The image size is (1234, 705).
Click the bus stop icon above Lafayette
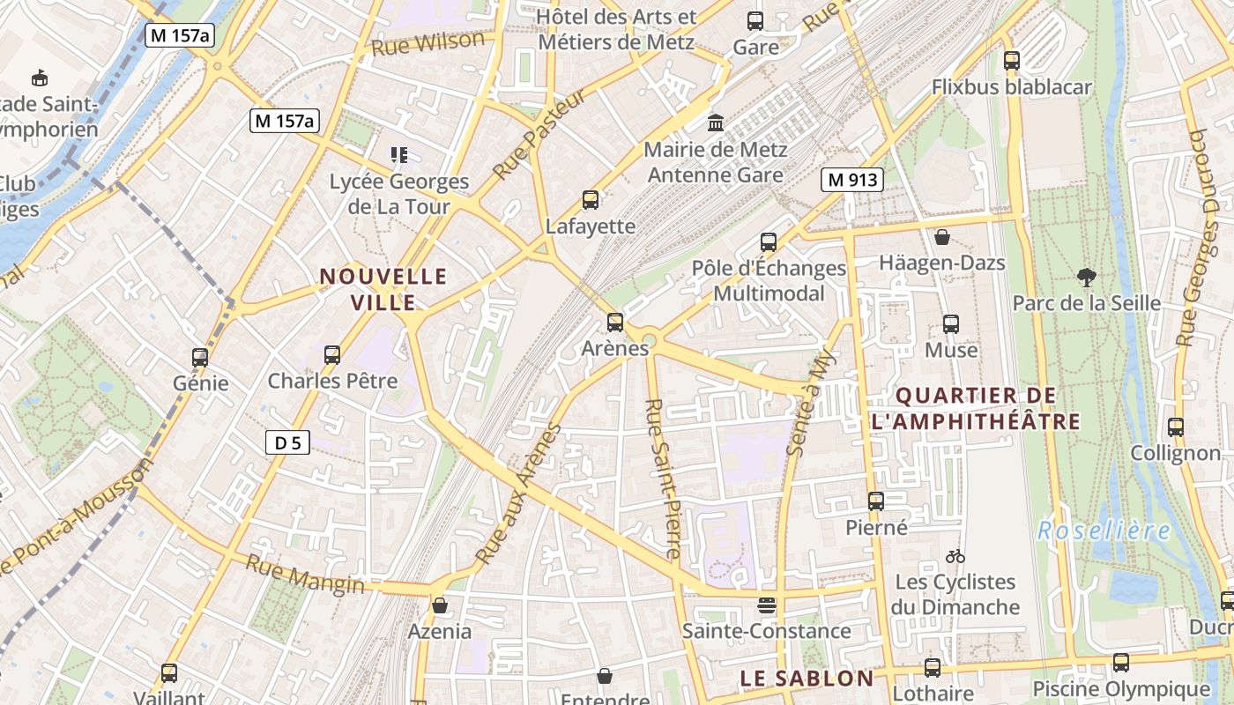591,200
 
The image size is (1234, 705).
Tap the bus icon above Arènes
615,323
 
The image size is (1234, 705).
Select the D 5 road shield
288,442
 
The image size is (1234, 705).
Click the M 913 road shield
852,180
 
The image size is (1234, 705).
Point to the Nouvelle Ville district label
383,289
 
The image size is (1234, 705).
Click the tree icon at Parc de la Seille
1086,278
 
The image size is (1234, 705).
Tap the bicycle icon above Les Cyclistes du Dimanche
955,556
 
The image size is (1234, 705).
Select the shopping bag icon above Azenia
439,605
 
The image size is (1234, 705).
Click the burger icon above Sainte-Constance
767,605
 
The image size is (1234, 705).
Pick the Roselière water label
1104,531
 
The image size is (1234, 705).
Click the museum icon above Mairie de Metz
715,122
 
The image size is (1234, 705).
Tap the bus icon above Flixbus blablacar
1011,61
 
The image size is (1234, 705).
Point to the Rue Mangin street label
304,574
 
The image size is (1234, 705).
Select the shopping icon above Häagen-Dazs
941,237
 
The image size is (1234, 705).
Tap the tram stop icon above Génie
200,357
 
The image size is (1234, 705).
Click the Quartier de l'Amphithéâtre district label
975,407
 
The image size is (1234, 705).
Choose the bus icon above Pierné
875,501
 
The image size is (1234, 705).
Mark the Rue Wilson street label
428,42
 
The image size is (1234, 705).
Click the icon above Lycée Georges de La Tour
399,156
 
